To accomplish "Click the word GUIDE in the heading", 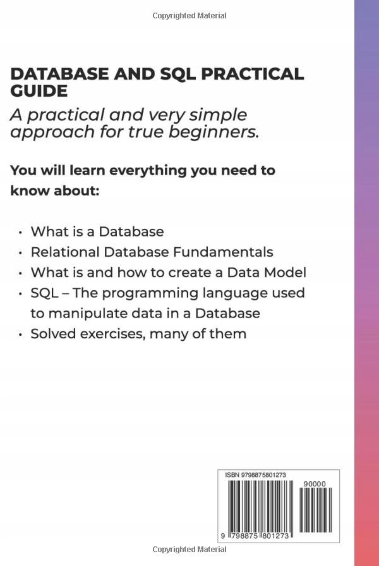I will click(x=39, y=91).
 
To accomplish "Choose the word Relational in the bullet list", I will click(x=65, y=252).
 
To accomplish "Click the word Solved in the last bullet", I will click(x=52, y=333).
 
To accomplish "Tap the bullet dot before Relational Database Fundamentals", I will click(x=21, y=252).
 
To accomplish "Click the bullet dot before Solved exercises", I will click(x=21, y=334).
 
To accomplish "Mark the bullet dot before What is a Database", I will click(x=21, y=232).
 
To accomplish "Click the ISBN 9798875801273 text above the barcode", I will click(x=255, y=474).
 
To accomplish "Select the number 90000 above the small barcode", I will click(x=314, y=484).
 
